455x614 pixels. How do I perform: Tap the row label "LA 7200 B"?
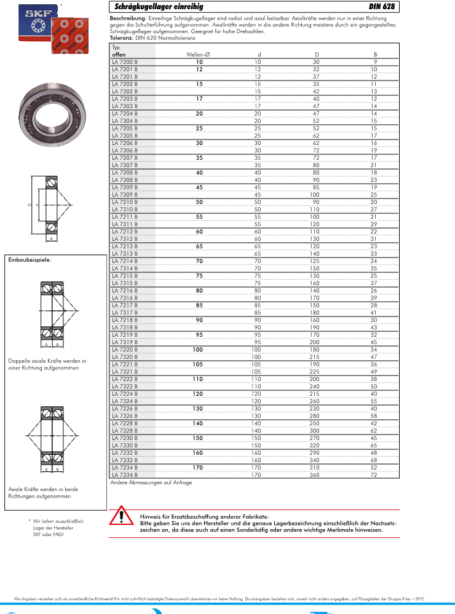[125, 62]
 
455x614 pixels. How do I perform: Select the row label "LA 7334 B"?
[125, 474]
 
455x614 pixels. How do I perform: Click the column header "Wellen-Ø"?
[198, 55]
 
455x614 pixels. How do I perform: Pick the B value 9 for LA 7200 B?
[375, 62]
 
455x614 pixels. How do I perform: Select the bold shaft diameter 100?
[198, 349]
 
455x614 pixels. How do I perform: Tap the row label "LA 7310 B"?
[125, 209]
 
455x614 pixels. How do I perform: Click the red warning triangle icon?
[122, 516]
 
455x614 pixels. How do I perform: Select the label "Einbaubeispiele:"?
[30, 260]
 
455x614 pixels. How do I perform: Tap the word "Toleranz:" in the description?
[122, 38]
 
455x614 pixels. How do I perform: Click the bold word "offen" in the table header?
[119, 55]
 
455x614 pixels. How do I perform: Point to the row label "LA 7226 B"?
[125, 408]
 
